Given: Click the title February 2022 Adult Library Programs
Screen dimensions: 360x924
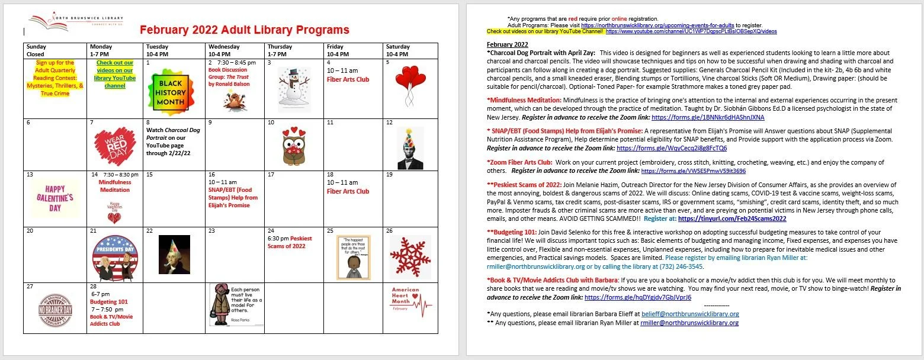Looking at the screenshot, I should pyautogui.click(x=244, y=30).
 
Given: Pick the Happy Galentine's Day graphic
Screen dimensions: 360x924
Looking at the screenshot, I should pyautogui.click(x=55, y=198).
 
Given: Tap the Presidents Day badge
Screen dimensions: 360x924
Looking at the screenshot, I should pyautogui.click(x=115, y=256).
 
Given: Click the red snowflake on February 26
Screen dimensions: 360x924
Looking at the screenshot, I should pyautogui.click(x=410, y=256).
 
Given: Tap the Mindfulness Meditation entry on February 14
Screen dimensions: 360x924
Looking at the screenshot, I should pyautogui.click(x=115, y=186).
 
